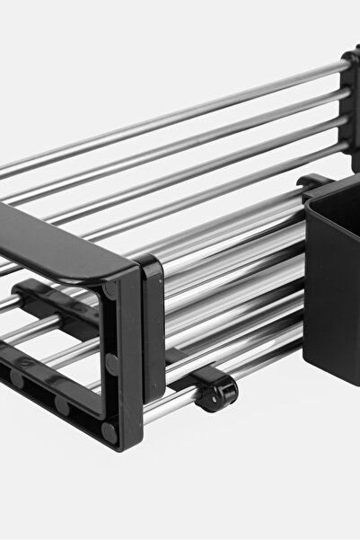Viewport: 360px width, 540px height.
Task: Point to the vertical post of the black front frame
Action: [121, 359]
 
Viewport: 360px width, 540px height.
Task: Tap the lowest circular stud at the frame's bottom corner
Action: [108, 430]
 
